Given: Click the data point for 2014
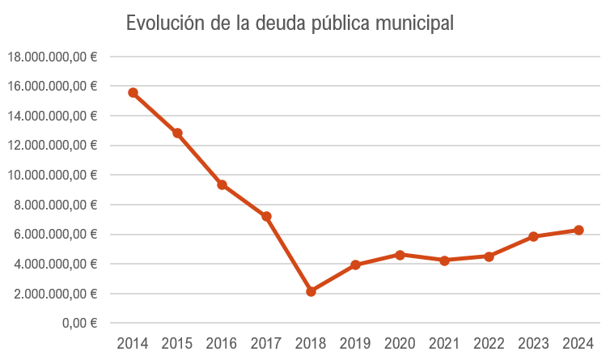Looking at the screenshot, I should click(133, 92).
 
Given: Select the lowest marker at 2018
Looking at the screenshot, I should click(311, 291).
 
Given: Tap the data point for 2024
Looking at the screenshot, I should click(578, 230).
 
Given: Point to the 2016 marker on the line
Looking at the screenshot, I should click(222, 184).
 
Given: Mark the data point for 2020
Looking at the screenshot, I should click(400, 254).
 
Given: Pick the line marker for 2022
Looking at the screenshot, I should click(489, 256).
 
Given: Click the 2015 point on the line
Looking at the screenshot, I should click(177, 133).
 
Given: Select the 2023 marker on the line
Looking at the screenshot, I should click(533, 236).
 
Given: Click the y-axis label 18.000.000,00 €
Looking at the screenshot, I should click(52, 57).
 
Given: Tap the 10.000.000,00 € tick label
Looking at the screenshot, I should click(52, 175).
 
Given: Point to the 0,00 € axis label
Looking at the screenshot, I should click(80, 323).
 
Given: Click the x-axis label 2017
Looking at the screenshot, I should click(266, 343).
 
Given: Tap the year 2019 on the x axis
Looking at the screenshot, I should click(355, 343).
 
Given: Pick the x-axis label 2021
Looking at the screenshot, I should click(444, 343).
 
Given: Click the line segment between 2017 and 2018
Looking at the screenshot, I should click(288, 254).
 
